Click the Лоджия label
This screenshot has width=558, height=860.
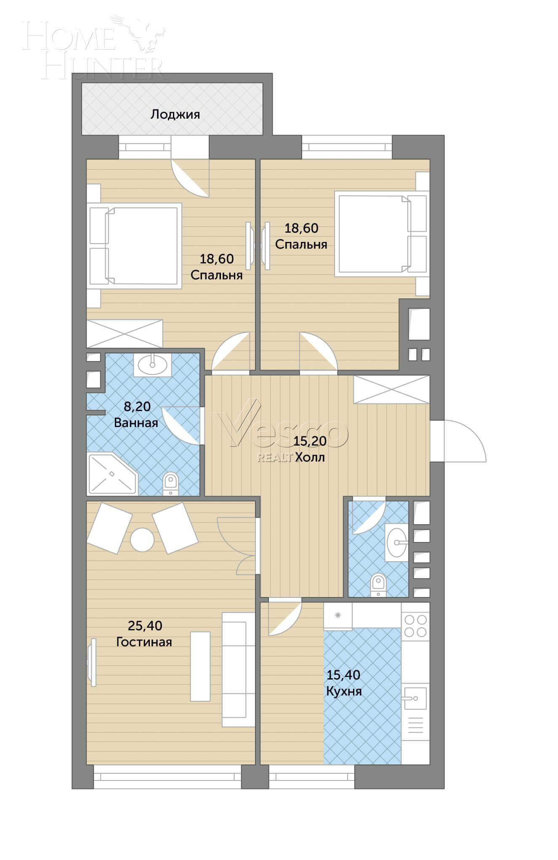tap(175, 114)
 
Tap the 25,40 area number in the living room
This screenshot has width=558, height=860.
tap(145, 626)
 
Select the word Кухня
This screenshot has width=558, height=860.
tap(344, 691)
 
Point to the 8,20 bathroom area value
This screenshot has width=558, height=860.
tap(137, 406)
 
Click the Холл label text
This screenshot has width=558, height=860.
tap(310, 457)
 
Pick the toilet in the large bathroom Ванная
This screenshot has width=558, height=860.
tap(170, 484)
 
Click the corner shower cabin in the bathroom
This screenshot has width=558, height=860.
tap(112, 474)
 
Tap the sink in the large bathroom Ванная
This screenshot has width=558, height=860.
tap(152, 364)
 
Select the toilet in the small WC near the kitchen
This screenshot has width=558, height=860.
tap(378, 585)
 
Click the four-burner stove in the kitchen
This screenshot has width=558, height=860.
tap(415, 626)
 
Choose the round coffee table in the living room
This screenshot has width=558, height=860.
tap(142, 540)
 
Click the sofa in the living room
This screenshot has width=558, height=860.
tap(238, 669)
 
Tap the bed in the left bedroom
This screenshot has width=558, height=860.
tap(134, 246)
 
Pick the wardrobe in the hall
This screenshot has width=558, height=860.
tap(391, 389)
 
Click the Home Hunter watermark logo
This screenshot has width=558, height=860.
tap(95, 48)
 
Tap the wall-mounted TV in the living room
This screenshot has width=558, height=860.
tap(92, 662)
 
